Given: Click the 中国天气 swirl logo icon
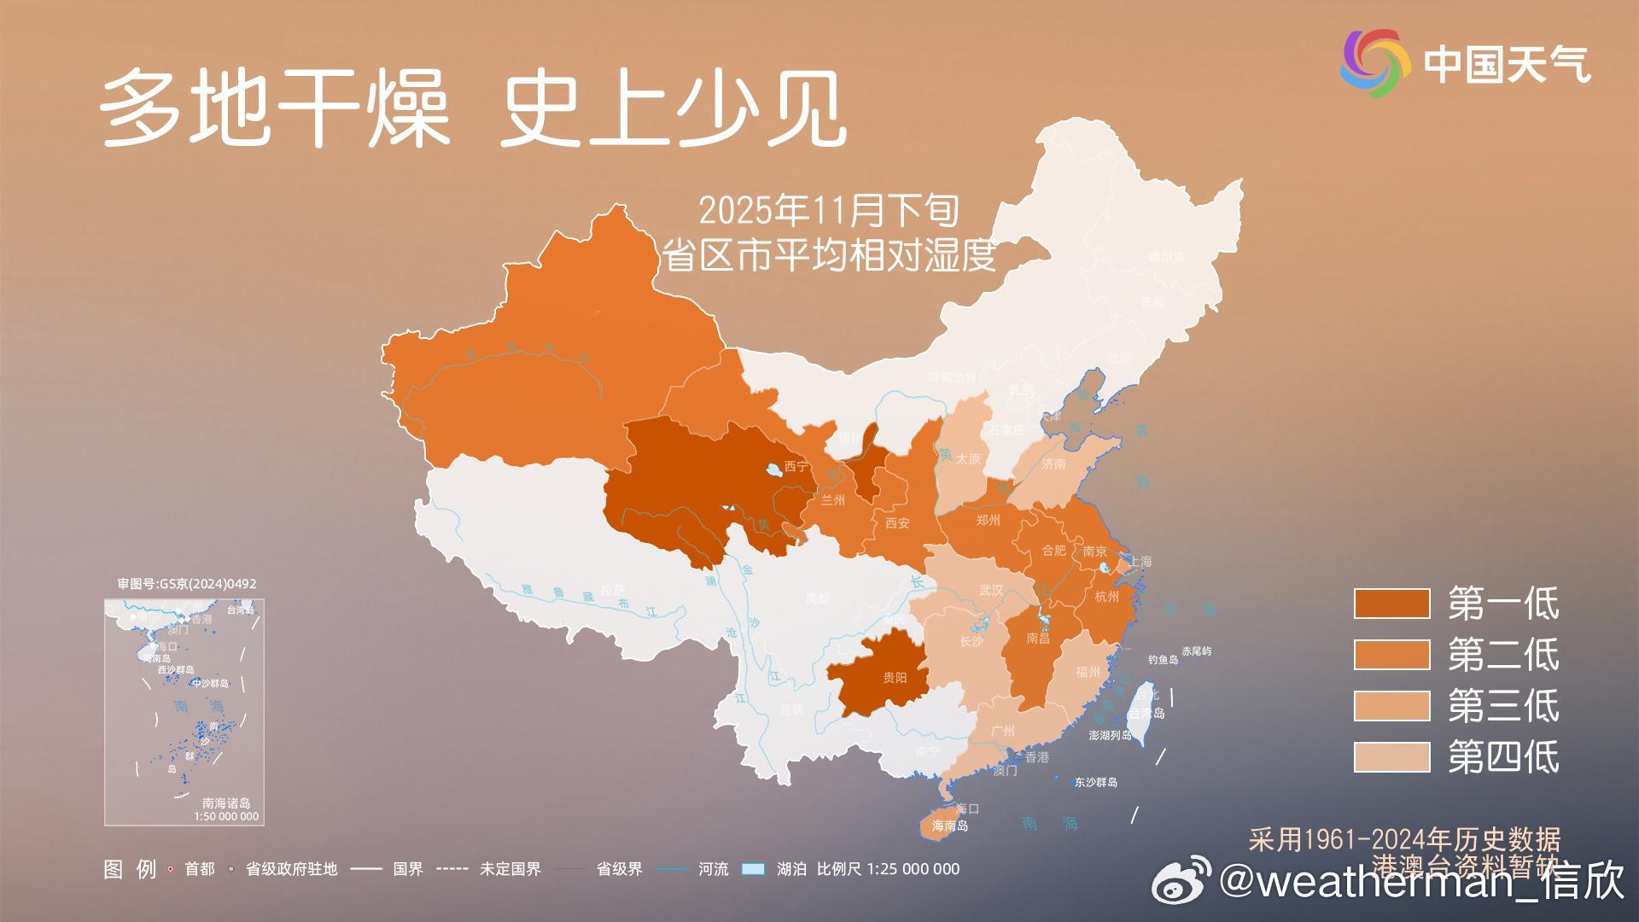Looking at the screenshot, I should (1375, 63).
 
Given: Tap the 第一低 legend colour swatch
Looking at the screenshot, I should (1391, 604).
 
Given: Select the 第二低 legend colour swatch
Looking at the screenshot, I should (1391, 655).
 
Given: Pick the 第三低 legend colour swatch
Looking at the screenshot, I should (1391, 706).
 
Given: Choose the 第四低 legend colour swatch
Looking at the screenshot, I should (1391, 757).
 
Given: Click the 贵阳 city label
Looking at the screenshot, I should (895, 678).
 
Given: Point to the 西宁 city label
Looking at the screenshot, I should (796, 466).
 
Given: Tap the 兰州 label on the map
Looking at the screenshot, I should (832, 500).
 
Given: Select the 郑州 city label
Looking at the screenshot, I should (988, 520).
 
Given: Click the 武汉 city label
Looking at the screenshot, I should (991, 590).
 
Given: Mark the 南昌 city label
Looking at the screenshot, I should (1038, 639).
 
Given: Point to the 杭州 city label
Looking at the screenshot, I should (1106, 597).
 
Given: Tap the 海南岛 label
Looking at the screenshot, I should (950, 826).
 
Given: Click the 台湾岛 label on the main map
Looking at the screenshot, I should (1146, 713).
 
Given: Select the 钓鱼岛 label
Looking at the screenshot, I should (1163, 660).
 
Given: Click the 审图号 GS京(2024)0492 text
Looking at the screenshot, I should (186, 584).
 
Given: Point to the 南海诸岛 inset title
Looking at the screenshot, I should (226, 803).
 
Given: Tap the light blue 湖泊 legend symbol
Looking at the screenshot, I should (753, 869).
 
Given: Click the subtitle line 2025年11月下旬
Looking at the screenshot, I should (828, 210).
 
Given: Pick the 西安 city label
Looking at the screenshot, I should (897, 523).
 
